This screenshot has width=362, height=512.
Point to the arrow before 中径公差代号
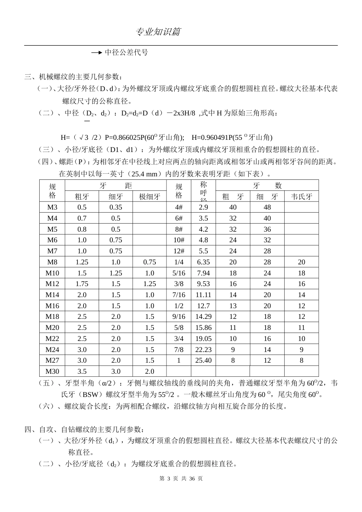97,53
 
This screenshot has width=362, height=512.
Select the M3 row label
52,207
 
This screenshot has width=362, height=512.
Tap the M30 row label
52,371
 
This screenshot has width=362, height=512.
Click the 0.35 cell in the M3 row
115,207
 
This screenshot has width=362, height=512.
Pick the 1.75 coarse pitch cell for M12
82,284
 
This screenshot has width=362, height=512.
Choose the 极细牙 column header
149,197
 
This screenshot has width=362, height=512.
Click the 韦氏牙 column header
301,197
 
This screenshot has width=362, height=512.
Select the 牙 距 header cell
115,186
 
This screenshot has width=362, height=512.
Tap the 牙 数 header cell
267,186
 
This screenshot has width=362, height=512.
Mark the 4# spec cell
179,207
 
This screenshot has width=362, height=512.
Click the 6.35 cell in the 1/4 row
203,262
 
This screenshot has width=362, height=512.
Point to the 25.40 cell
203,360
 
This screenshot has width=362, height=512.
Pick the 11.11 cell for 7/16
203,295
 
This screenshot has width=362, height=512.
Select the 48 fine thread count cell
267,207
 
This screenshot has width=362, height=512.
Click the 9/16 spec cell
179,317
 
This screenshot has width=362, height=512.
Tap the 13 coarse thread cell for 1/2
233,306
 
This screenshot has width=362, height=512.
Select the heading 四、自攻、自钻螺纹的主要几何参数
85,430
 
